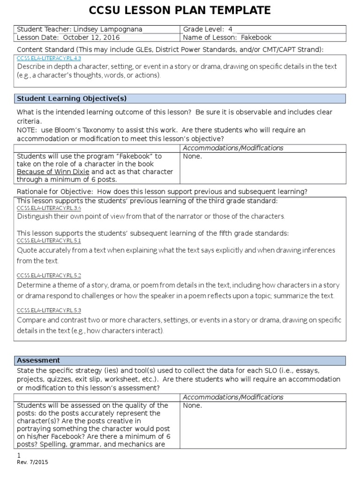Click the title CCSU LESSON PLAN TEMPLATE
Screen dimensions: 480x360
(180, 10)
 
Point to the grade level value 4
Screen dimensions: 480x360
(230, 30)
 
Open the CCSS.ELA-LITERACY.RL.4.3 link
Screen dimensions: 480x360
(49, 58)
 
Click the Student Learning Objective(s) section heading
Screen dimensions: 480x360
(72, 98)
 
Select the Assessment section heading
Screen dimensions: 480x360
(38, 360)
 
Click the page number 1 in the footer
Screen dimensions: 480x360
(19, 455)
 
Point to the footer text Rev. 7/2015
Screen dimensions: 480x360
(32, 462)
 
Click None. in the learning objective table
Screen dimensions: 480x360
(192, 156)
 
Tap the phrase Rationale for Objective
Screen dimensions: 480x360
(52, 192)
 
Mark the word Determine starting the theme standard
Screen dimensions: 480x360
(35, 285)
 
